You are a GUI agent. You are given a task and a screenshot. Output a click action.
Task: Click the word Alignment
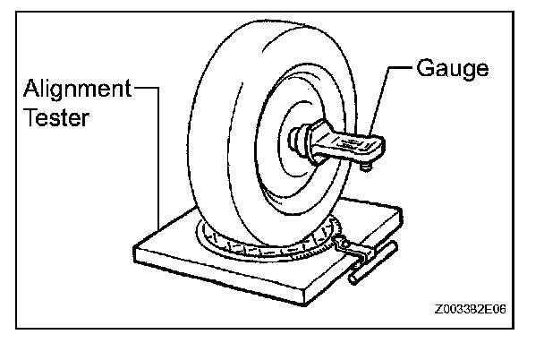click(77, 90)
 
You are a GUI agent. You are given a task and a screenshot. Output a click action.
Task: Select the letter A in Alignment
click(30, 90)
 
